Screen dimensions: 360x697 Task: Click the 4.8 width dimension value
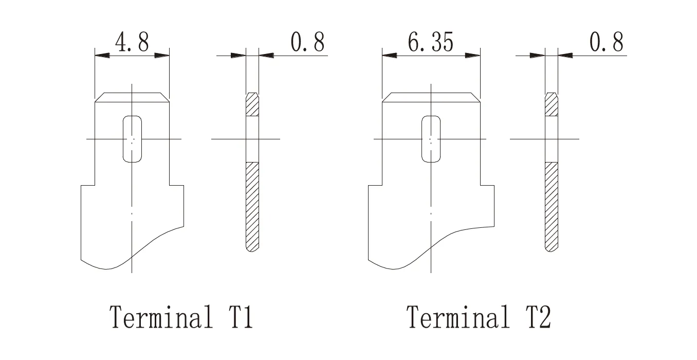coord(132,42)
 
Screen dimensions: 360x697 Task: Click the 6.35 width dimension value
coord(430,42)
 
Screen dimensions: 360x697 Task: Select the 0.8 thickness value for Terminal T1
coord(308,42)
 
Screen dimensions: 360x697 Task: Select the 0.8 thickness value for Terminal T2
coord(607,42)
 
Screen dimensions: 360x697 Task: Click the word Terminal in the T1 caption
coord(161,317)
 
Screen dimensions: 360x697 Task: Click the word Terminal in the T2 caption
coord(459,317)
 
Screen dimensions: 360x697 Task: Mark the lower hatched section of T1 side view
coord(252,206)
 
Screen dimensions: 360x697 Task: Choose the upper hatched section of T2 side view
coord(551,104)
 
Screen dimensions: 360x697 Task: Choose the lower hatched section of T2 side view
coord(551,206)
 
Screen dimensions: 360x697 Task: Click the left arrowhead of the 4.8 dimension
coord(102,55)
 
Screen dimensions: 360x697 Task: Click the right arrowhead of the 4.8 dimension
coord(162,55)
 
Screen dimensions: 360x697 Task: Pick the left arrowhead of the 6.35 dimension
coord(390,55)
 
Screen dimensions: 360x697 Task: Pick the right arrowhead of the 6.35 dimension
coord(473,55)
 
